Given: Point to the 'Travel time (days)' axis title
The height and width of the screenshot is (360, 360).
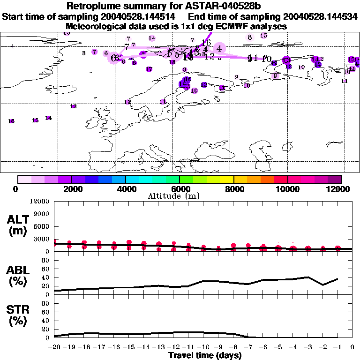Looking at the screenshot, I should [205, 356].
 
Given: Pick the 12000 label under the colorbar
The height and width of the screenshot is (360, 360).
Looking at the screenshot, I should [341, 189].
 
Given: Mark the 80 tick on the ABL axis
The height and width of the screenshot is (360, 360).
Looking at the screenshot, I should [46, 260].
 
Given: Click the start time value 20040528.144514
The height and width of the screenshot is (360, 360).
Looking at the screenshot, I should [141, 16].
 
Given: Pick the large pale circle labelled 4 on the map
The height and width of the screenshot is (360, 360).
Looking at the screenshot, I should [219, 47].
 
